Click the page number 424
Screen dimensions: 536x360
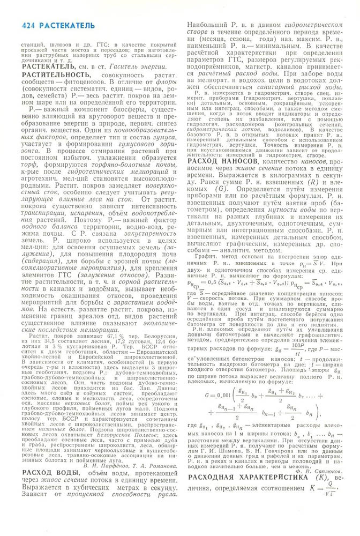coord(31,25)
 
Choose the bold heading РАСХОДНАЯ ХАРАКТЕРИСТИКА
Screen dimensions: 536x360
coord(249,476)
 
